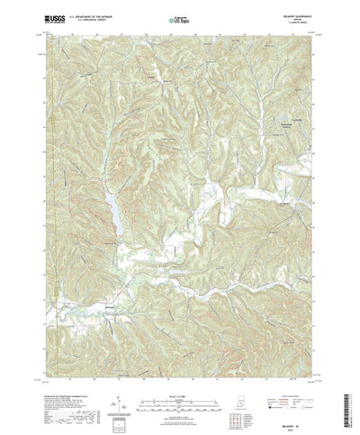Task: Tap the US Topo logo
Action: pos(180,18)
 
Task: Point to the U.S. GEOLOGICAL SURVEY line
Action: pos(94,19)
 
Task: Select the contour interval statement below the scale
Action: pos(180,404)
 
